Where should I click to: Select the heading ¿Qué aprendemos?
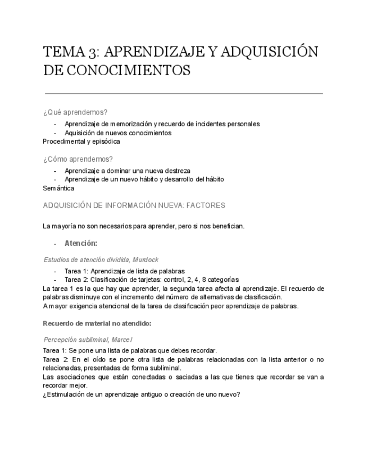[75, 112]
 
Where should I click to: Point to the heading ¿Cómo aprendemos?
[78, 159]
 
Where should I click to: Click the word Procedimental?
[63, 141]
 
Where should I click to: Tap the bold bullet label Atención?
[81, 243]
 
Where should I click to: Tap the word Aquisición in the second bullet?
[80, 133]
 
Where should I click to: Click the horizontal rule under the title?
[183, 93]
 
